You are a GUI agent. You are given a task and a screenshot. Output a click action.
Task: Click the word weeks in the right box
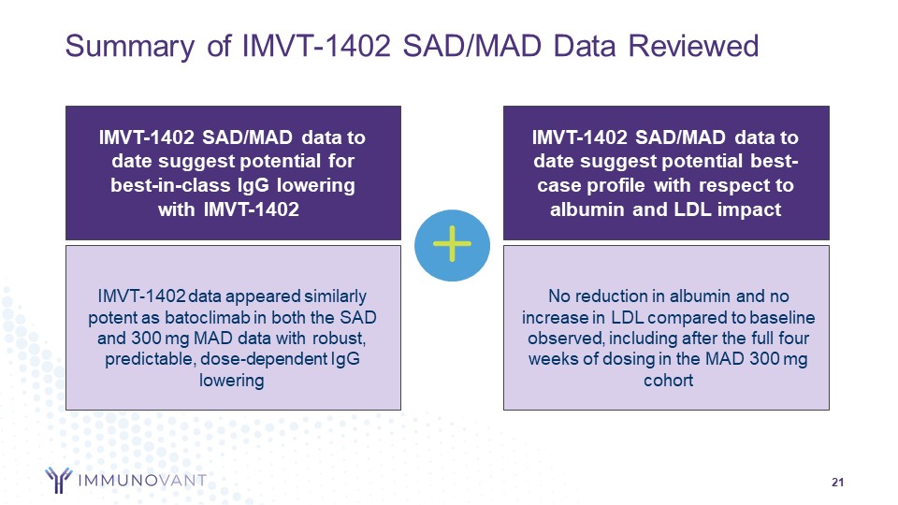[552, 359]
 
